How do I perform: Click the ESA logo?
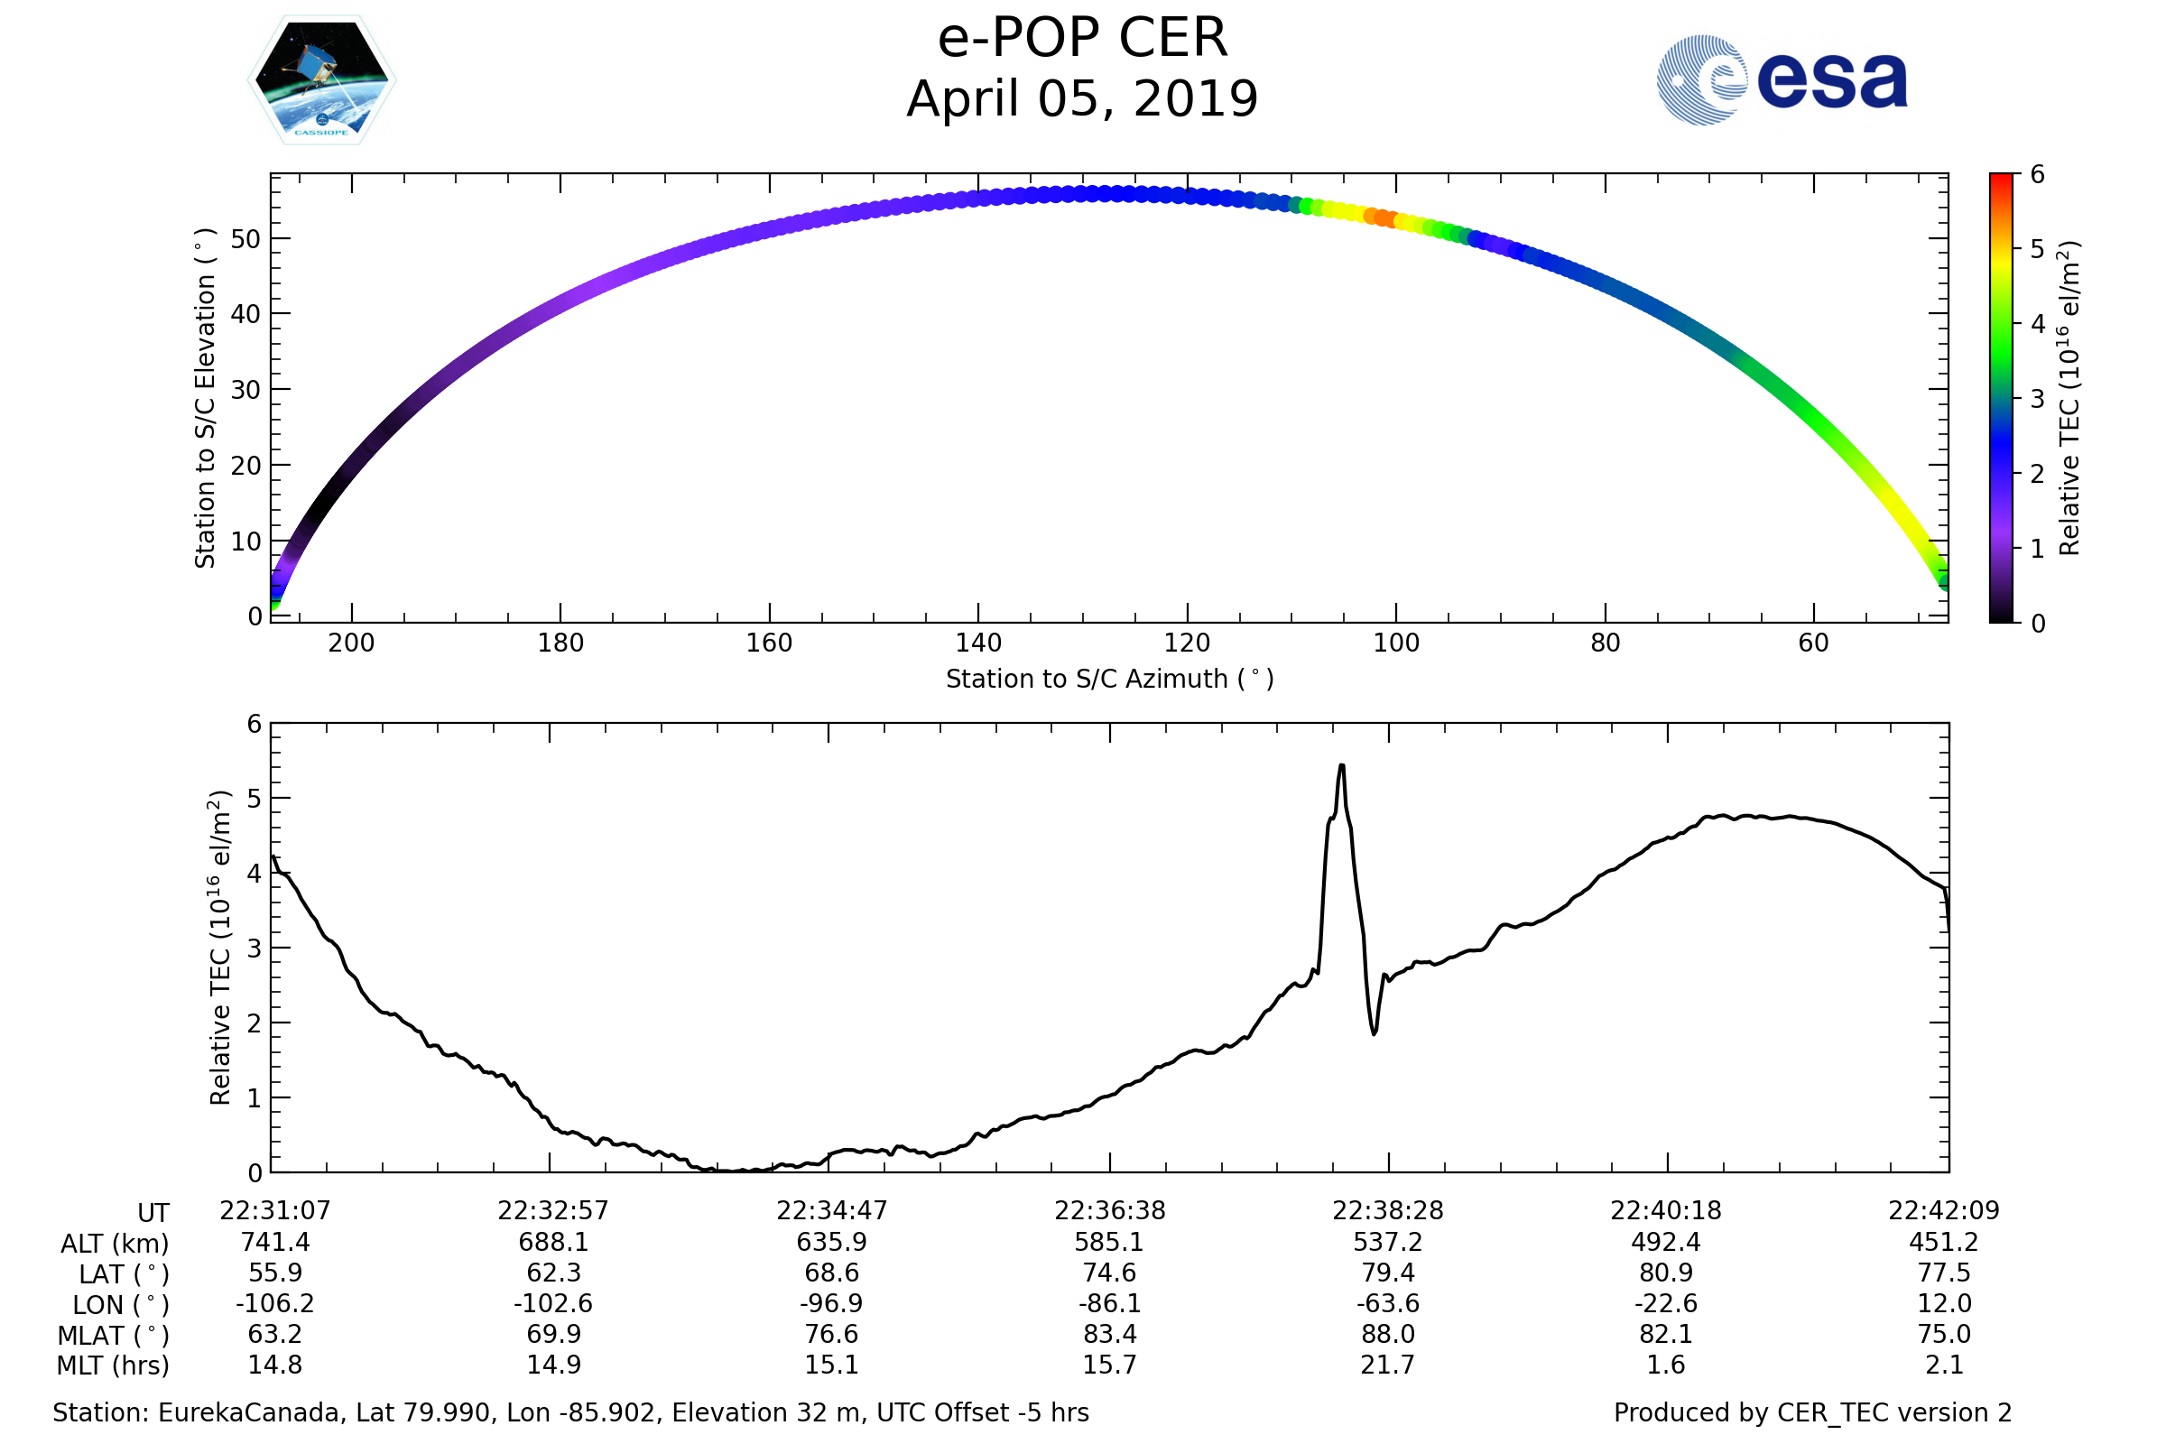point(1781,80)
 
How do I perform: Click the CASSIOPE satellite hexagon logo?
point(321,80)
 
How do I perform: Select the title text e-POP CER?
point(1082,39)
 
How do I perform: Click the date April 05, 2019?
point(1082,98)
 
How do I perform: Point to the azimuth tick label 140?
point(978,643)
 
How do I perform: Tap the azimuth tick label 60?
point(1813,643)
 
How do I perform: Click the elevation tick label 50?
point(245,239)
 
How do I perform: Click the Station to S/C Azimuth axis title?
point(1110,680)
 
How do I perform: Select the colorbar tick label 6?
point(2037,175)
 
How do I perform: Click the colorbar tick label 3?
point(2037,400)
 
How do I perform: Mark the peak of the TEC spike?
point(1342,765)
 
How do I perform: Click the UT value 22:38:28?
point(1388,1211)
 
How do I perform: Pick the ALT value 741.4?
point(275,1243)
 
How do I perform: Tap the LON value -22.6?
point(1666,1304)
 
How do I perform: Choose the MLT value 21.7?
point(1388,1365)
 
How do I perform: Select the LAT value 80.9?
point(1666,1273)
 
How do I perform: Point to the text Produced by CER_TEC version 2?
point(1812,1412)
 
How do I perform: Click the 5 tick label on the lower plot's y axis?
point(255,800)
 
